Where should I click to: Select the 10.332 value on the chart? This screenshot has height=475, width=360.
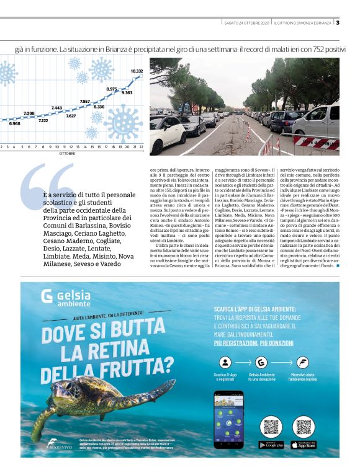point(137,71)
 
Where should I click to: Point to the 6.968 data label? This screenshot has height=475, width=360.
point(14,123)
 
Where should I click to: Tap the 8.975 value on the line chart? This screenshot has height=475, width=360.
point(112,89)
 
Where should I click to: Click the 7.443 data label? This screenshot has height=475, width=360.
point(56,107)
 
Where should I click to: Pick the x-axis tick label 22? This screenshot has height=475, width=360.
point(142,147)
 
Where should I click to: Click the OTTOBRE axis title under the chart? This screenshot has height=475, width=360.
point(68,153)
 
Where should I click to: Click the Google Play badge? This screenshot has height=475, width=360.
point(271,445)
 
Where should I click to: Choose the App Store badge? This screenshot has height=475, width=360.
point(303,445)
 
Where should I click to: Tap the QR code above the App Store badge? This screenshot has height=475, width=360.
point(303,427)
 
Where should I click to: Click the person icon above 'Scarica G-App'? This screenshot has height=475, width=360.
point(224,363)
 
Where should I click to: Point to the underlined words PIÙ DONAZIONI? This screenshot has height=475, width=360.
point(282,342)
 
